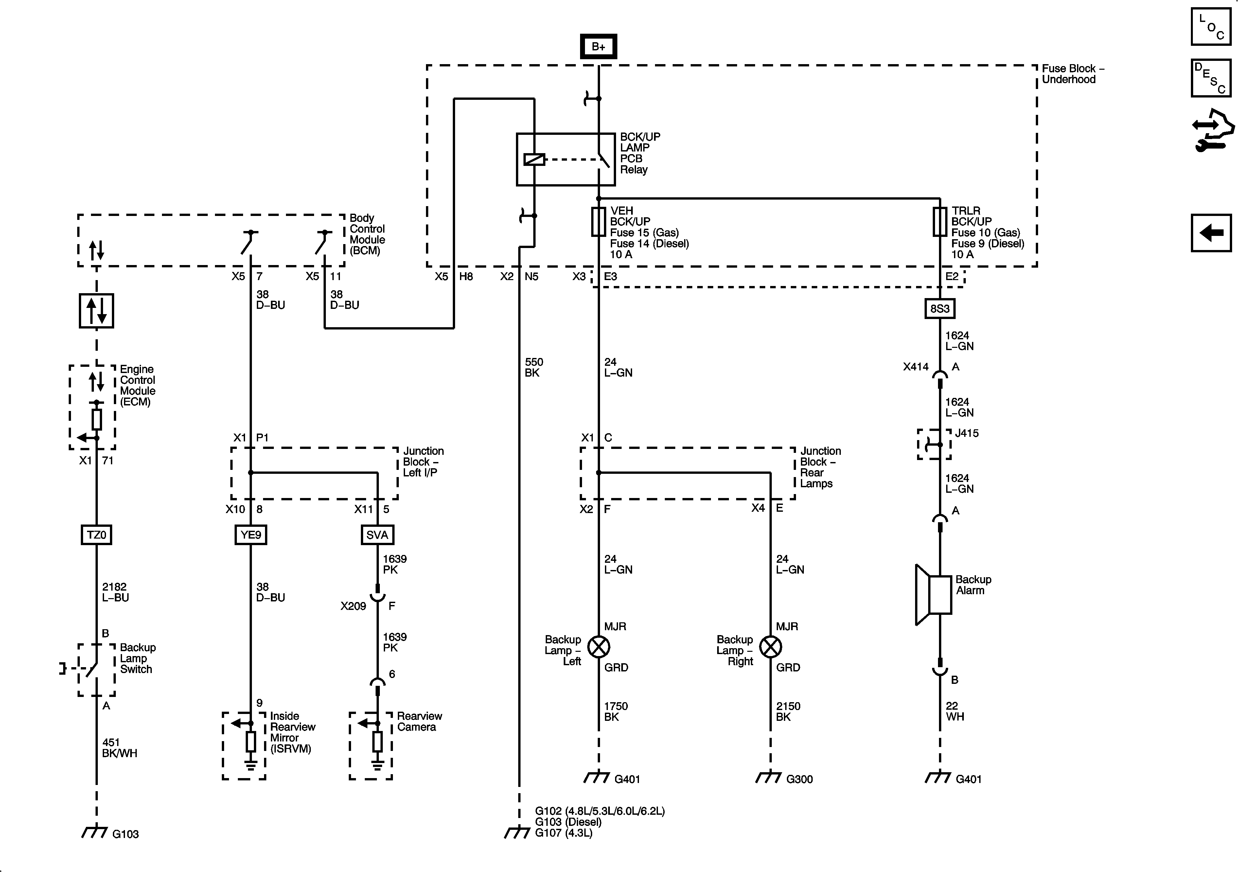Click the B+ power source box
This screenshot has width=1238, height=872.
coord(598,47)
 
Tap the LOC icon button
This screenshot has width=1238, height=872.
coord(1211,27)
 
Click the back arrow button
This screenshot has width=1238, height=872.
coord(1211,233)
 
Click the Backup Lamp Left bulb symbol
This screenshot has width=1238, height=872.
coord(598,647)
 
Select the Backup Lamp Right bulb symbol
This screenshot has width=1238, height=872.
coord(770,647)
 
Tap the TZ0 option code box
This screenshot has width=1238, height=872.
coord(97,535)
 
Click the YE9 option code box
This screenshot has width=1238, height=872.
coord(251,535)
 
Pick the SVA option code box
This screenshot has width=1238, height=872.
coord(377,535)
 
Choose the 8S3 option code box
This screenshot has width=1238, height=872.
coord(940,309)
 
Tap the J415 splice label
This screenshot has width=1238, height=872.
coord(966,433)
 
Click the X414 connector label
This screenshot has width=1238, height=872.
coord(915,367)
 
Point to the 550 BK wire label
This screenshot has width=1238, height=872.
coord(534,367)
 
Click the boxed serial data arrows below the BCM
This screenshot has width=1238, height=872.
coord(97,311)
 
